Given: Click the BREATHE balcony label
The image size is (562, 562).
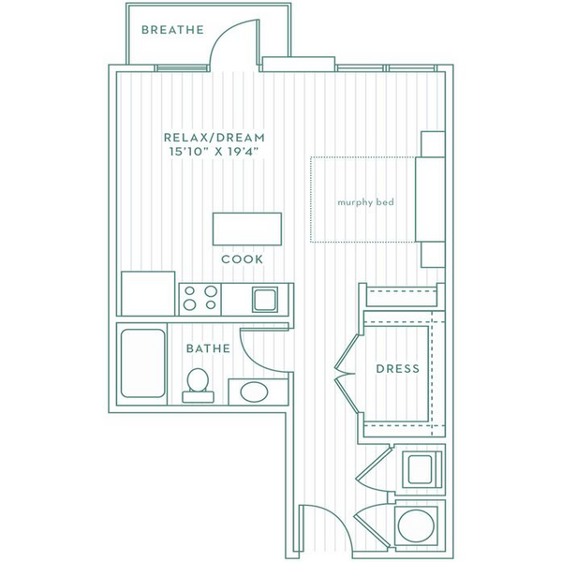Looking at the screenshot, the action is [172, 29].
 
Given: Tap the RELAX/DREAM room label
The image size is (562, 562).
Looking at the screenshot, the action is [214, 138].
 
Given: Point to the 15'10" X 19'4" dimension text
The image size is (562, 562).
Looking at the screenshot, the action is [214, 152].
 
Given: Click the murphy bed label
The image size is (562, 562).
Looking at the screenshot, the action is [365, 202].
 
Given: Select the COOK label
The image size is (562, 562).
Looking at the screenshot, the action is [242, 259].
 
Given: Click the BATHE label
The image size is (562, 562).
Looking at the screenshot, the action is [208, 348].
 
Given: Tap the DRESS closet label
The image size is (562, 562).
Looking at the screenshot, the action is [398, 369].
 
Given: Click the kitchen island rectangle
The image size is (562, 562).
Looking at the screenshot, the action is [247, 229].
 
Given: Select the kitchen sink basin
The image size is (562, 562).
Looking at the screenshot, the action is [265, 300].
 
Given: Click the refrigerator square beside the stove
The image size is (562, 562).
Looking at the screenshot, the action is [148, 293].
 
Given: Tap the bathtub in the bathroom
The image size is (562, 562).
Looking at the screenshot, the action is [143, 363].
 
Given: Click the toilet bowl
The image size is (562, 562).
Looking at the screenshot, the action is [198, 380].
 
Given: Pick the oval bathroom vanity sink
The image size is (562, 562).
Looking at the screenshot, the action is [254, 392].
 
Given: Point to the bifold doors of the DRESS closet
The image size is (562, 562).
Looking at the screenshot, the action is [346, 374].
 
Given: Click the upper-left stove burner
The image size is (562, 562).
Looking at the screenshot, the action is [189, 290].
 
